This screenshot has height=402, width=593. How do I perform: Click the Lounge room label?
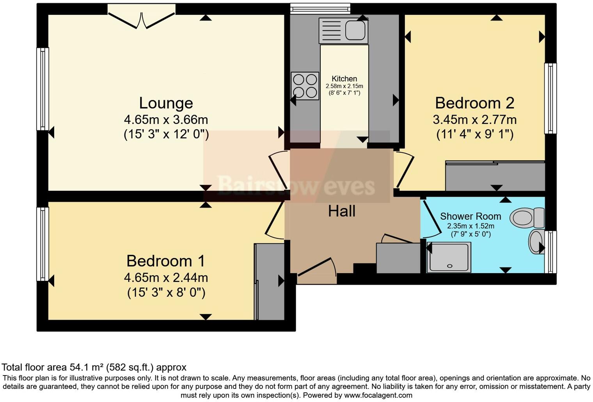click(x=166, y=103)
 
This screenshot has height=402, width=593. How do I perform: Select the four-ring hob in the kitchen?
click(x=305, y=86)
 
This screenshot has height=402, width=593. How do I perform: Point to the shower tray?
click(x=449, y=257)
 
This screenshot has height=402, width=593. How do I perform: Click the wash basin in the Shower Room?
click(x=535, y=242)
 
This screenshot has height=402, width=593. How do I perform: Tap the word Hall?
click(x=341, y=211)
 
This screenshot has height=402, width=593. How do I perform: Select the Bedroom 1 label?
click(x=165, y=261)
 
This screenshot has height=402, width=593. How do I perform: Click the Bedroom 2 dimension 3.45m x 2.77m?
click(x=474, y=120)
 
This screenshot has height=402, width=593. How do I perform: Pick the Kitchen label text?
click(x=344, y=79)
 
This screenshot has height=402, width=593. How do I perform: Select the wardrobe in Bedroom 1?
click(x=269, y=282)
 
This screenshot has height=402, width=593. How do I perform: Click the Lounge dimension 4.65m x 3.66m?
click(x=166, y=120)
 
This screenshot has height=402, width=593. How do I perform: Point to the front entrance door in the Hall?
click(x=316, y=271)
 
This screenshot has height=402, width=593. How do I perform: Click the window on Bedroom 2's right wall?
click(x=550, y=99)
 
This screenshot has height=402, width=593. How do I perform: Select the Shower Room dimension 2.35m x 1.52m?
click(x=470, y=226)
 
